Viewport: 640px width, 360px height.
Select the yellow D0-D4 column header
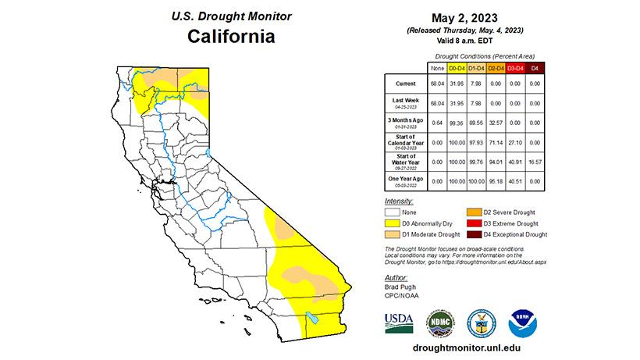(455, 68)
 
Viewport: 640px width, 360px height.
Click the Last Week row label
(404, 102)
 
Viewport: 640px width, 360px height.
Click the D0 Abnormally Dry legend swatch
(392, 223)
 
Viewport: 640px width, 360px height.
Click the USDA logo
(398, 321)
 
